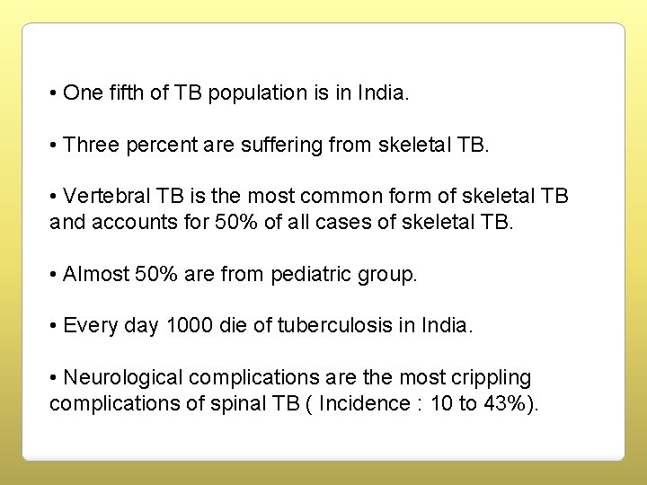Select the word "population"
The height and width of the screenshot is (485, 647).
click(x=253, y=93)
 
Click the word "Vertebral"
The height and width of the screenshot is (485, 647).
click(x=106, y=197)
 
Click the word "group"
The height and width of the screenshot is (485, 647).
click(x=387, y=274)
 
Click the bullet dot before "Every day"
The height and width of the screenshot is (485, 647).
click(x=55, y=326)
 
